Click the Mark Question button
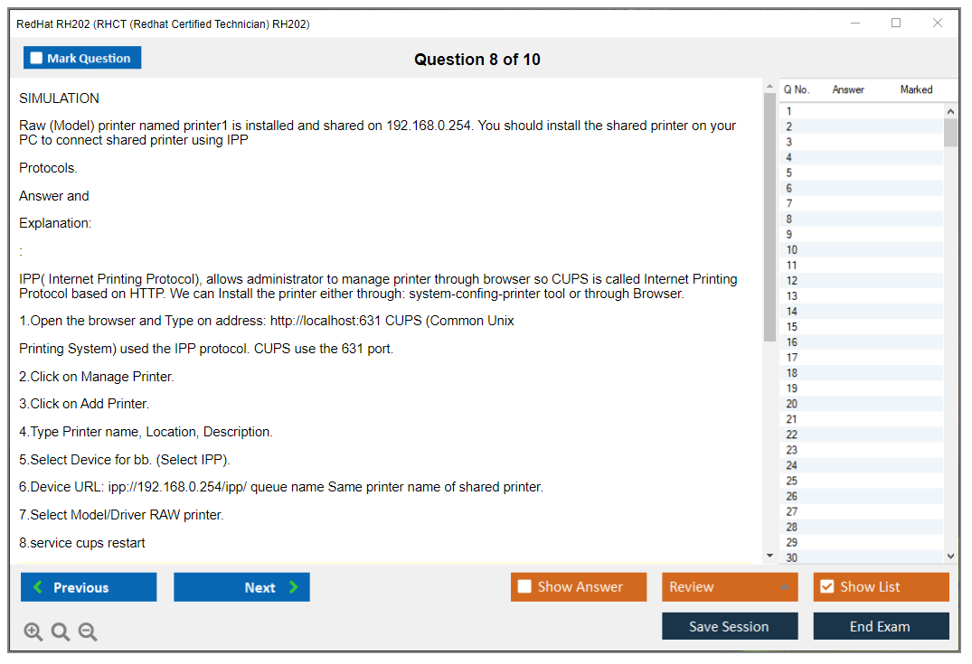click(x=82, y=58)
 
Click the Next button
click(x=241, y=587)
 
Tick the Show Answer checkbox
click(x=524, y=586)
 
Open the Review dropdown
click(x=730, y=587)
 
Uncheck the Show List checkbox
click(x=827, y=586)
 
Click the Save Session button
click(x=730, y=626)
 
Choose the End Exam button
click(x=881, y=626)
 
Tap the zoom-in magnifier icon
click(x=33, y=631)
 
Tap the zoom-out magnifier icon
click(x=88, y=631)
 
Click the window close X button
click(x=938, y=23)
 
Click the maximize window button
click(x=896, y=23)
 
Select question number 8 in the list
click(x=789, y=219)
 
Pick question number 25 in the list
click(x=791, y=481)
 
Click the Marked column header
click(x=916, y=89)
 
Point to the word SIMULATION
click(x=59, y=98)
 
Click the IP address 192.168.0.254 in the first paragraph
click(x=429, y=126)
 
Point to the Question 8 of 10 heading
click(x=477, y=60)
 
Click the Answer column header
click(x=848, y=89)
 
